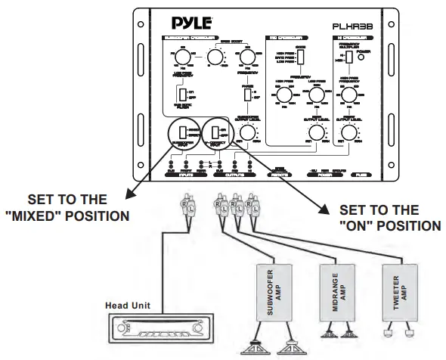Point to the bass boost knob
tap(215, 57)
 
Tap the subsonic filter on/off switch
tap(181, 94)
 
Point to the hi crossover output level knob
tap(348, 133)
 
